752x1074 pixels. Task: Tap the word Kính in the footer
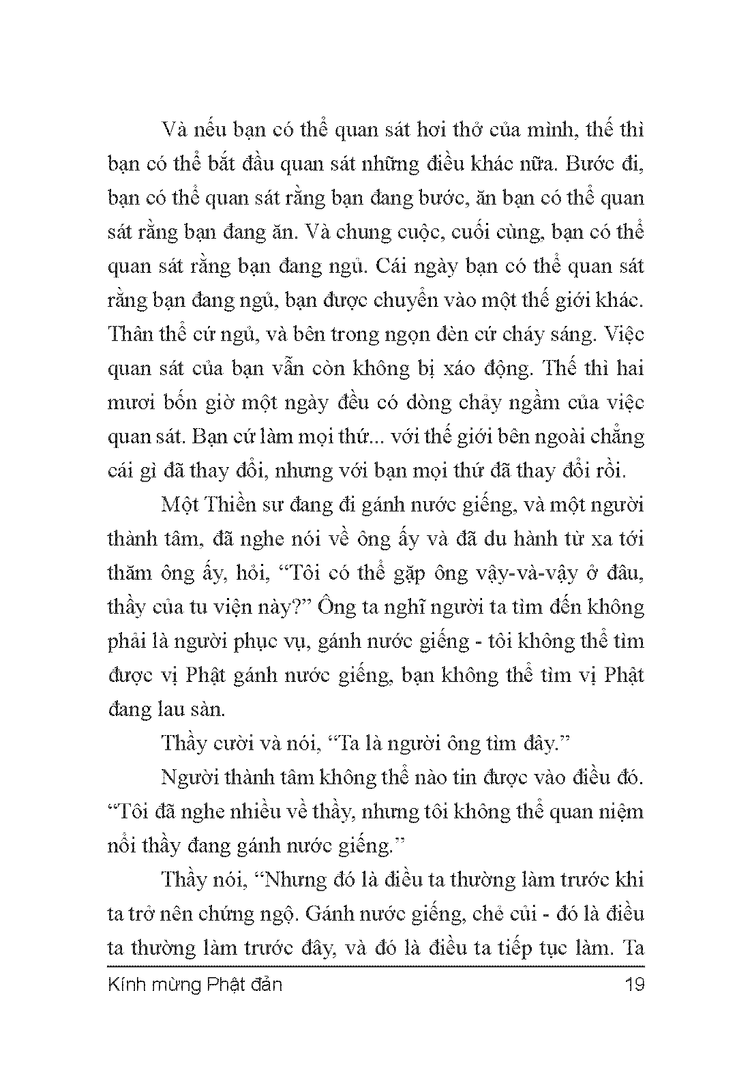(x=127, y=985)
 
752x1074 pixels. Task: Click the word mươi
(x=130, y=403)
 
